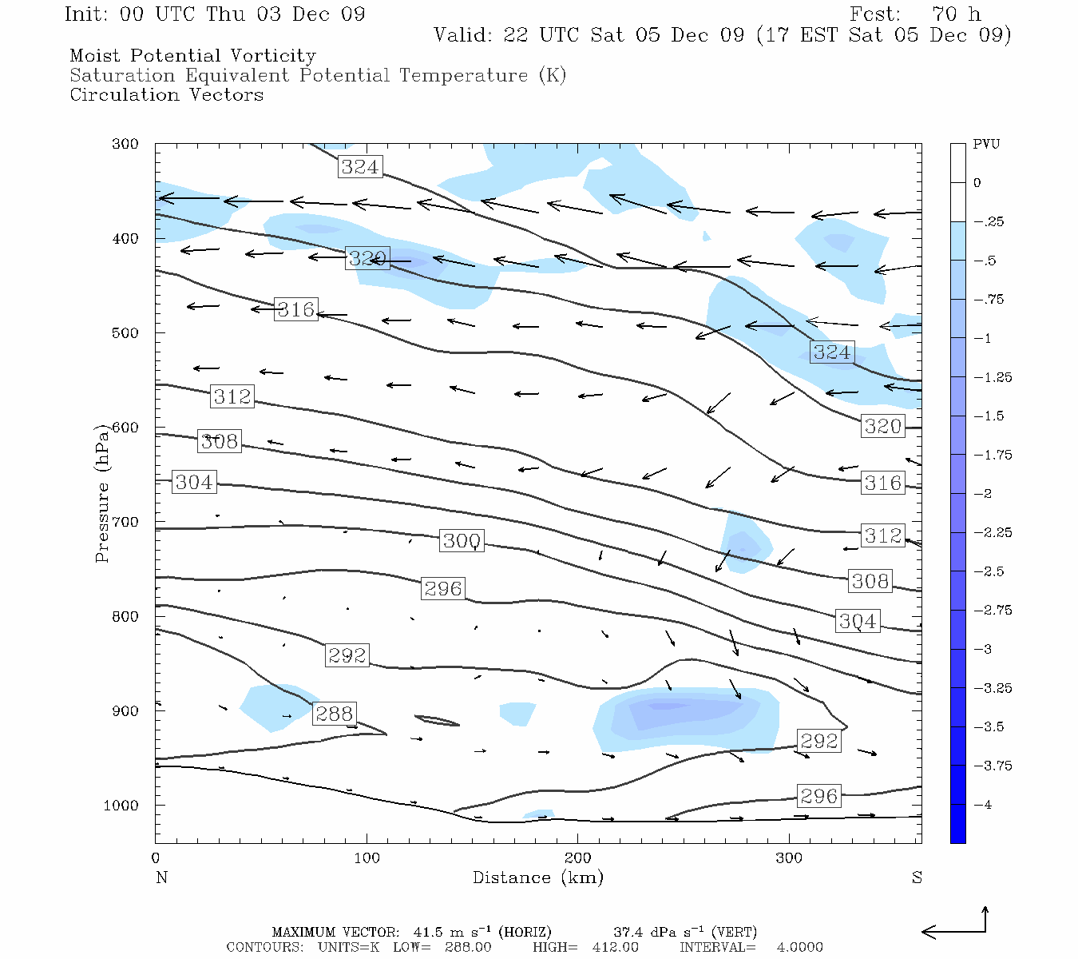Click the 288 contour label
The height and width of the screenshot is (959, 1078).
click(x=334, y=714)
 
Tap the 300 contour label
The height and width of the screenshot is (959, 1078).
click(x=462, y=541)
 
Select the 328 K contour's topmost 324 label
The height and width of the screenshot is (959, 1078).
click(x=360, y=166)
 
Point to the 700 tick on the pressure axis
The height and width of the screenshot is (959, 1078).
click(x=124, y=522)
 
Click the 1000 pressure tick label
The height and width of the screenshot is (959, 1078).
click(x=121, y=806)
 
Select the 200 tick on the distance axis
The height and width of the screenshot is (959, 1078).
click(x=577, y=858)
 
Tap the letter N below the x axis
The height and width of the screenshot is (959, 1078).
click(x=161, y=877)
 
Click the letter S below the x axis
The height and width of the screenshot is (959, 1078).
click(x=917, y=877)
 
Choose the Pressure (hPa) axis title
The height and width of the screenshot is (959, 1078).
click(x=102, y=492)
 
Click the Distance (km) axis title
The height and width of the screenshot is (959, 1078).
click(x=537, y=877)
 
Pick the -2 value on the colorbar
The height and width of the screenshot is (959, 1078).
click(x=982, y=494)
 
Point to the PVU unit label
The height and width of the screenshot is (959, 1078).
click(x=986, y=145)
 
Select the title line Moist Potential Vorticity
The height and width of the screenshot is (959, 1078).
click(x=192, y=56)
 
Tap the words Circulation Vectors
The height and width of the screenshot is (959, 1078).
click(x=166, y=95)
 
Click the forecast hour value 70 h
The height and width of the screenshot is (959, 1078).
click(x=956, y=14)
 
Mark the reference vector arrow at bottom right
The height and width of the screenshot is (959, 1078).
click(x=956, y=927)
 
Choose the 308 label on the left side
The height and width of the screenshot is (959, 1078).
click(x=219, y=441)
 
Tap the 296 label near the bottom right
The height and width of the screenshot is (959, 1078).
click(x=818, y=796)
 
